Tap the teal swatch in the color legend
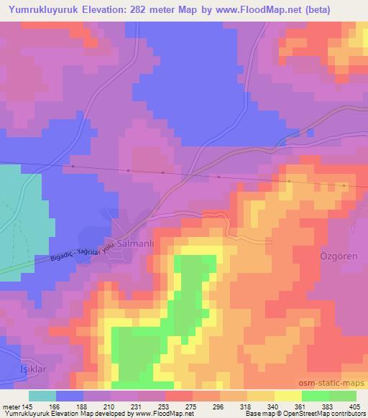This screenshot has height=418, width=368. [x=42, y=395]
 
